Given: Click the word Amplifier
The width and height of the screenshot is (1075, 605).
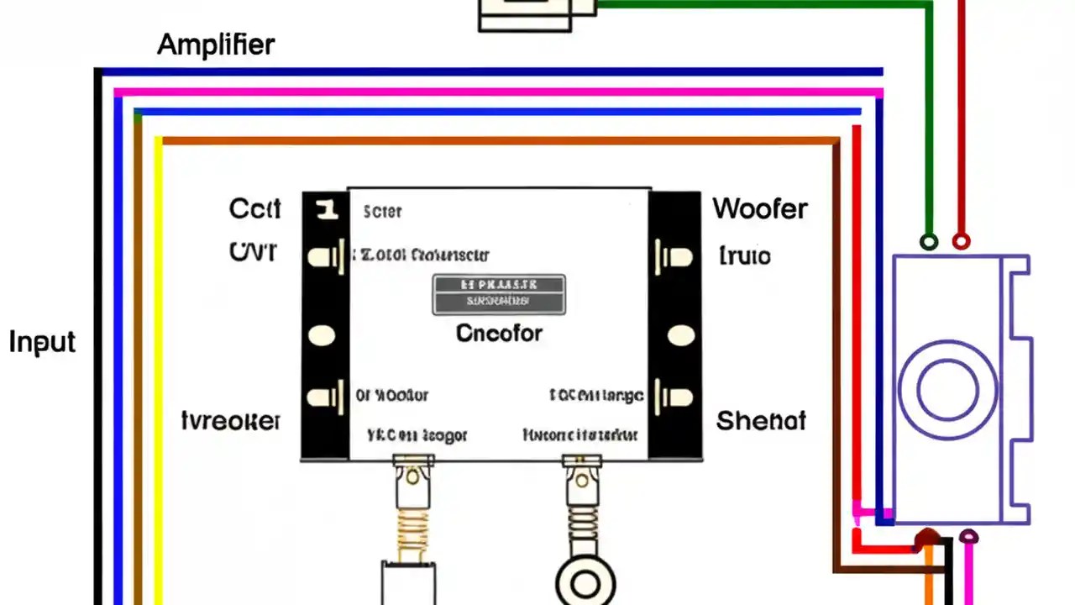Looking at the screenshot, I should pyautogui.click(x=216, y=45).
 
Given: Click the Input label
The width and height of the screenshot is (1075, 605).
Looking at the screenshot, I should pyautogui.click(x=42, y=342).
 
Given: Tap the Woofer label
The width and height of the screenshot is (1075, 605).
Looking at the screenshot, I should pyautogui.click(x=760, y=208).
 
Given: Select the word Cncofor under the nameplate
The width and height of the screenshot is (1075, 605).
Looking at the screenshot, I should pyautogui.click(x=499, y=333).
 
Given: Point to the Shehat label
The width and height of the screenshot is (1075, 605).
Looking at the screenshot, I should pyautogui.click(x=761, y=420).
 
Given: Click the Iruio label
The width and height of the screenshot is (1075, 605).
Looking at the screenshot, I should pyautogui.click(x=745, y=255).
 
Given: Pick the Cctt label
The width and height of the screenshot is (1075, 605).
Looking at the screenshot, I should pyautogui.click(x=254, y=208).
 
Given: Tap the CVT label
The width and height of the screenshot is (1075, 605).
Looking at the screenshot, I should pyautogui.click(x=252, y=251).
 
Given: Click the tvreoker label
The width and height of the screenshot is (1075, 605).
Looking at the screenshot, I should pyautogui.click(x=231, y=421).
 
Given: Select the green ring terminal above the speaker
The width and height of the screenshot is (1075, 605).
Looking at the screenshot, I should pyautogui.click(x=928, y=242).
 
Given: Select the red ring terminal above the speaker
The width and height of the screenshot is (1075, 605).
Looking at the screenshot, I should pyautogui.click(x=961, y=242).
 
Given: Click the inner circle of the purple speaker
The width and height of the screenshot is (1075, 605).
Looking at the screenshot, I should pyautogui.click(x=947, y=391).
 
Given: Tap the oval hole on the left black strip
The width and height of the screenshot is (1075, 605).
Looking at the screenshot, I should pyautogui.click(x=322, y=336).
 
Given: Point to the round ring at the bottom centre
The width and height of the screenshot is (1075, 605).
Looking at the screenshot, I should pyautogui.click(x=585, y=582).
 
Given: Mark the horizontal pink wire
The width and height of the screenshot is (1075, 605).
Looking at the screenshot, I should pyautogui.click(x=496, y=92).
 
